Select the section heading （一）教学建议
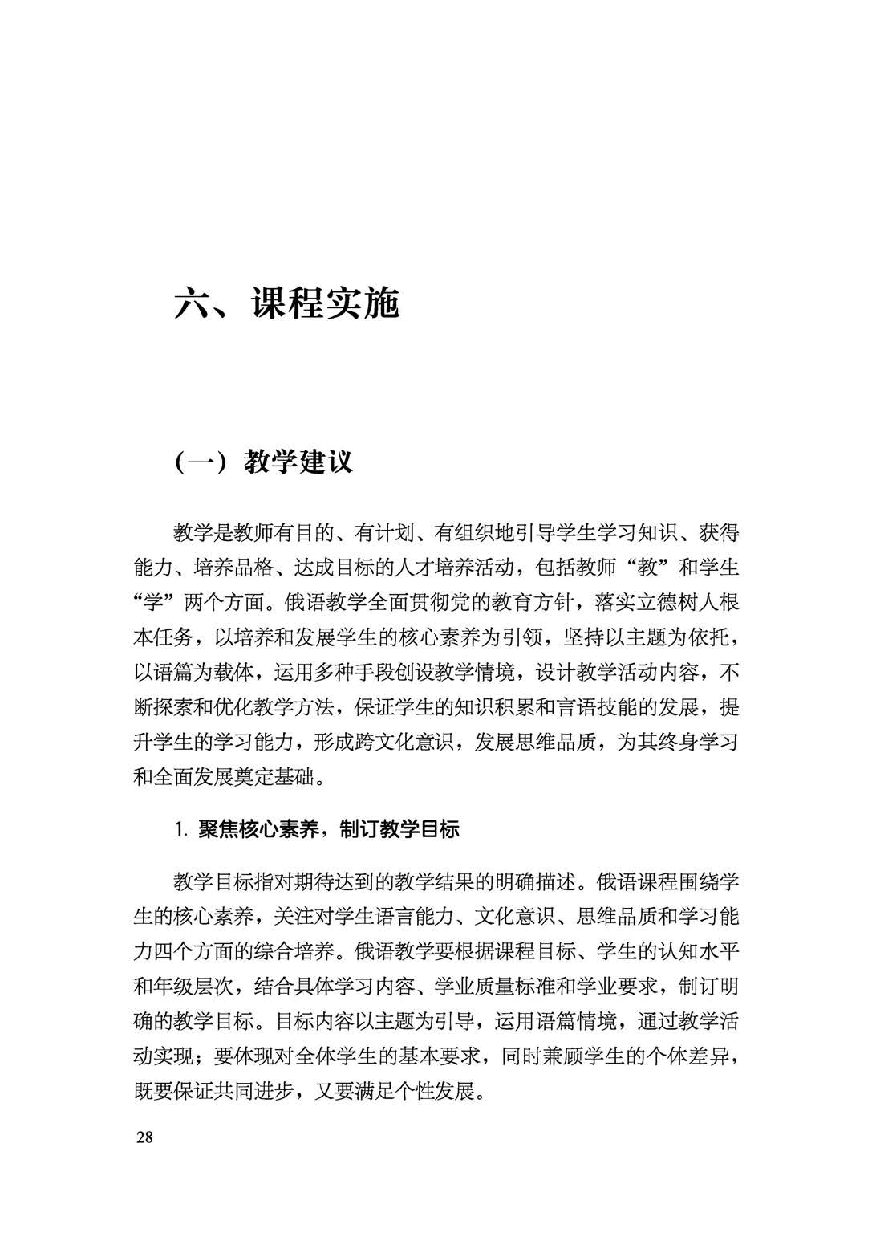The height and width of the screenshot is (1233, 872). click(x=263, y=462)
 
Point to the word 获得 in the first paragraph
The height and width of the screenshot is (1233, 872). click(x=718, y=533)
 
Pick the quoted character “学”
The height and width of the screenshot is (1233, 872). click(x=154, y=603)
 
